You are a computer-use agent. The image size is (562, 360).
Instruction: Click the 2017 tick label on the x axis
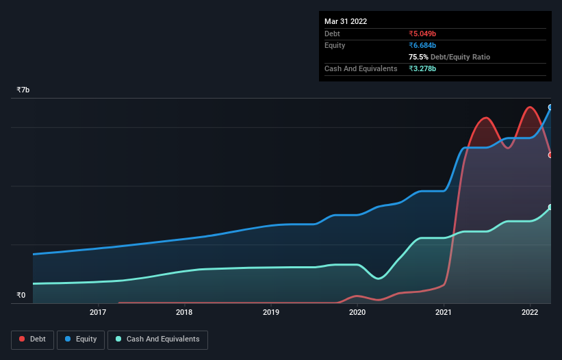click(98, 313)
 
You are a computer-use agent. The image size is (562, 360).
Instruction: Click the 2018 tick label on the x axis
click(184, 313)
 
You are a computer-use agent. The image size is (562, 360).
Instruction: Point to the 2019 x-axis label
click(271, 313)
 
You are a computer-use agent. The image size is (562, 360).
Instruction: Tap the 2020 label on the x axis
click(357, 313)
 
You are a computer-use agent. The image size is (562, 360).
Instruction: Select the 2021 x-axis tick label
click(444, 313)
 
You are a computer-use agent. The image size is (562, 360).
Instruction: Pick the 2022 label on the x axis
click(530, 313)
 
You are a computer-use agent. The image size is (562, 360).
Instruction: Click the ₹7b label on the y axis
click(23, 90)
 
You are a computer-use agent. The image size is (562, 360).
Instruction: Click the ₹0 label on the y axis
click(21, 296)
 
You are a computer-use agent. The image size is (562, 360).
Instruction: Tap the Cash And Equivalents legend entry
click(157, 339)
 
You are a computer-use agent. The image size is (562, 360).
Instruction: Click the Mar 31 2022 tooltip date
click(346, 21)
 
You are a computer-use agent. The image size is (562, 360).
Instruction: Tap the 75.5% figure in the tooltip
click(419, 57)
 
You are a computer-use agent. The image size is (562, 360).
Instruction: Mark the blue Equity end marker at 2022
click(550, 107)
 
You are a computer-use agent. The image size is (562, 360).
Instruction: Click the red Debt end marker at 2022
click(550, 155)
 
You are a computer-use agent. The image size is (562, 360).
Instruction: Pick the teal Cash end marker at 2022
click(550, 207)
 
